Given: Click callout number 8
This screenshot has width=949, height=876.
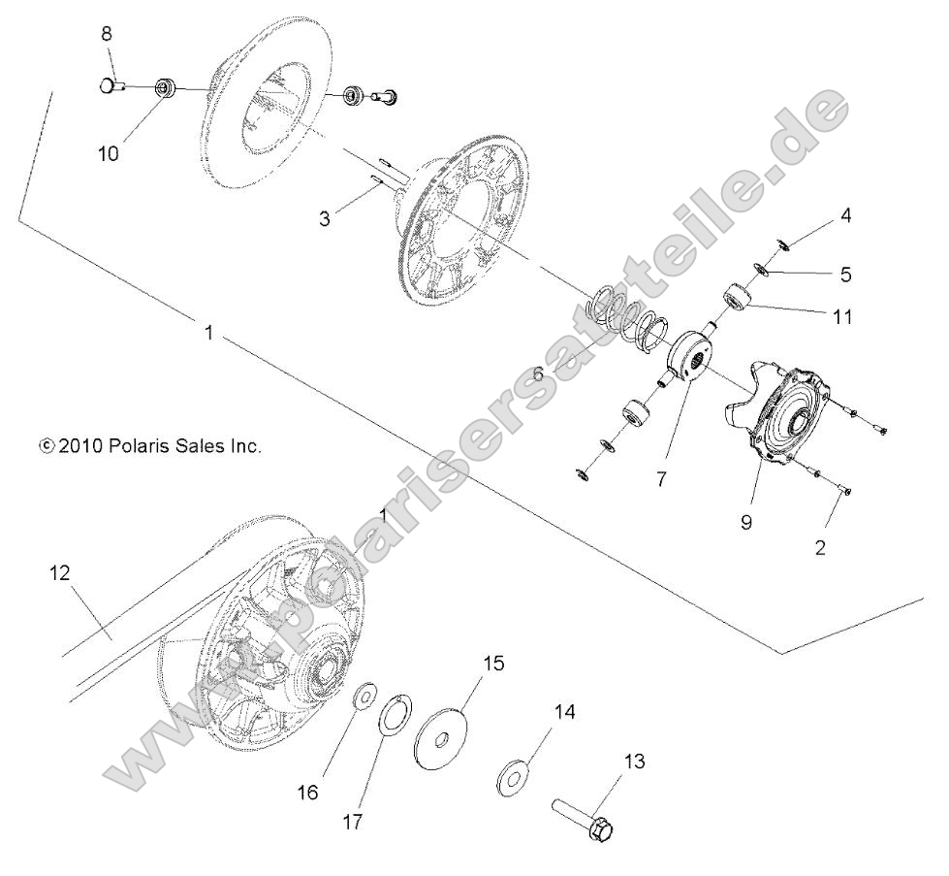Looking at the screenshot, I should (x=107, y=34).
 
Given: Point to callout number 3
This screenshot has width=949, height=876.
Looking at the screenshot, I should (x=325, y=219).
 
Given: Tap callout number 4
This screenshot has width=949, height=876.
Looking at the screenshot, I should (x=845, y=215).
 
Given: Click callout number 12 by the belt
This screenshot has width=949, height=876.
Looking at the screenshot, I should (x=59, y=573).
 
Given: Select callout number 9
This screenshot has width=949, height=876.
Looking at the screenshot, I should (x=746, y=522).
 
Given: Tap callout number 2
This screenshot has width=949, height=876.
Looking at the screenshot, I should (x=820, y=548).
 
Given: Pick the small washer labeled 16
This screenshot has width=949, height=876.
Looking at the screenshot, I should (x=366, y=696).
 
